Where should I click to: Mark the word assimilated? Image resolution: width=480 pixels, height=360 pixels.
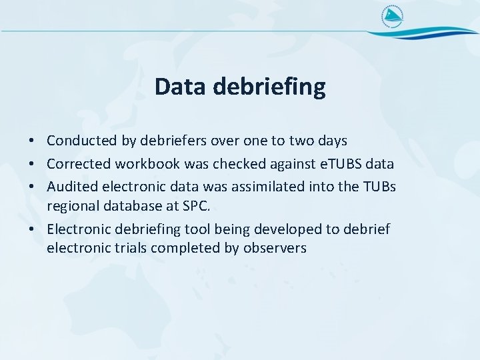tap(269, 186)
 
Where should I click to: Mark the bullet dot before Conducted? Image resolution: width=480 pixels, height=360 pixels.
tap(32, 141)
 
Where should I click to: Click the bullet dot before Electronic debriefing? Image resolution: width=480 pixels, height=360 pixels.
tap(32, 230)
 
